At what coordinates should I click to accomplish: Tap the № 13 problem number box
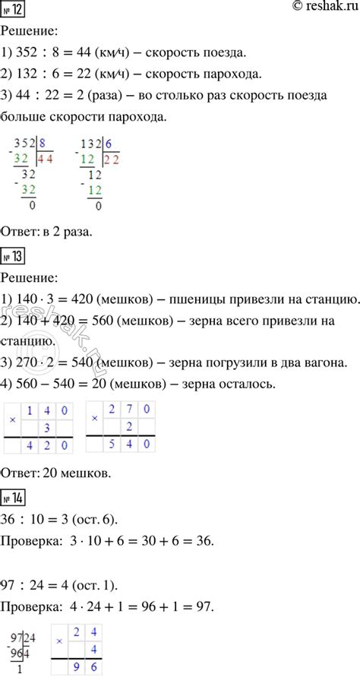coord(15,258)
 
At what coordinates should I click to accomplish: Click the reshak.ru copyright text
coord(311,8)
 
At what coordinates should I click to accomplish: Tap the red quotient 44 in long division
coord(67,160)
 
